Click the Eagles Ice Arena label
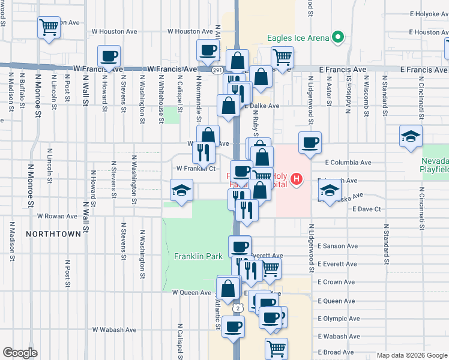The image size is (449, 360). (x=298, y=38)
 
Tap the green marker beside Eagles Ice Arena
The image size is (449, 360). (x=338, y=38)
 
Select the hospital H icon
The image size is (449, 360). (x=295, y=179)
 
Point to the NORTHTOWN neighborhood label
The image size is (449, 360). (x=53, y=232)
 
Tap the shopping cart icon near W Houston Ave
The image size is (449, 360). (x=49, y=26)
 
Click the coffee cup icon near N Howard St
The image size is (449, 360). (x=109, y=56)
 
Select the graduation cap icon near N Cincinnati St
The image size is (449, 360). (x=411, y=136)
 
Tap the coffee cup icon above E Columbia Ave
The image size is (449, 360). (x=310, y=142)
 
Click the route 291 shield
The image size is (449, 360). (x=217, y=70)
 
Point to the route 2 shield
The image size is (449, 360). (x=239, y=308)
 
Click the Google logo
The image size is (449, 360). (x=20, y=353)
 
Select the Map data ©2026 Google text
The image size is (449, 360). (x=411, y=355)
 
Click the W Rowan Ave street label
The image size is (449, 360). (x=57, y=216)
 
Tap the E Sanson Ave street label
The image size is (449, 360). (x=337, y=246)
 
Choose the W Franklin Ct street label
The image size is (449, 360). (x=195, y=169)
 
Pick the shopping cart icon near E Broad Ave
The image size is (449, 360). (x=276, y=347)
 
